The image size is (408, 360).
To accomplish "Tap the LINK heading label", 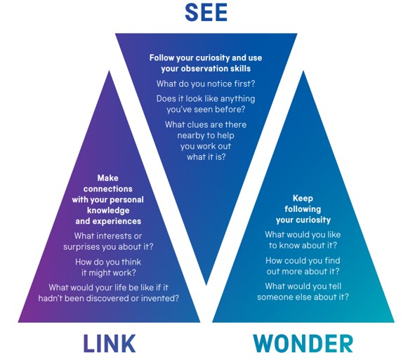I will tap(109, 344).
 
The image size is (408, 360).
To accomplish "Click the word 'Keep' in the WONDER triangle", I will tap(303, 198).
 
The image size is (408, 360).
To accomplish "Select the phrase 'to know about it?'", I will tap(303, 246).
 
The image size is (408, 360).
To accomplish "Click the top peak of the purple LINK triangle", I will tap(107, 71).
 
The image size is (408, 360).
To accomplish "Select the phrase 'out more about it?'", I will tap(303, 271).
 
